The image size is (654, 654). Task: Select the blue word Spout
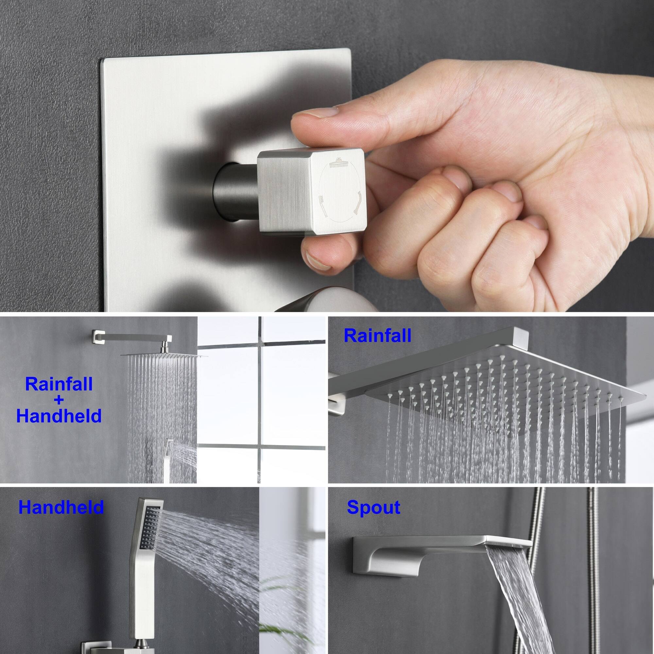click(373, 517)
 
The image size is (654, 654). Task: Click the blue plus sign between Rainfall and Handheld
click(59, 400)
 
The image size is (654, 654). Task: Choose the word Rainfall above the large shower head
click(377, 336)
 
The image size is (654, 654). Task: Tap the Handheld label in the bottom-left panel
click(61, 517)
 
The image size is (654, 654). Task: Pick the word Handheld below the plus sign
click(59, 416)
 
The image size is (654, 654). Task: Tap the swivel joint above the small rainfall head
click(164, 348)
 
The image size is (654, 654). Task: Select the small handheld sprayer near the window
click(168, 455)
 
